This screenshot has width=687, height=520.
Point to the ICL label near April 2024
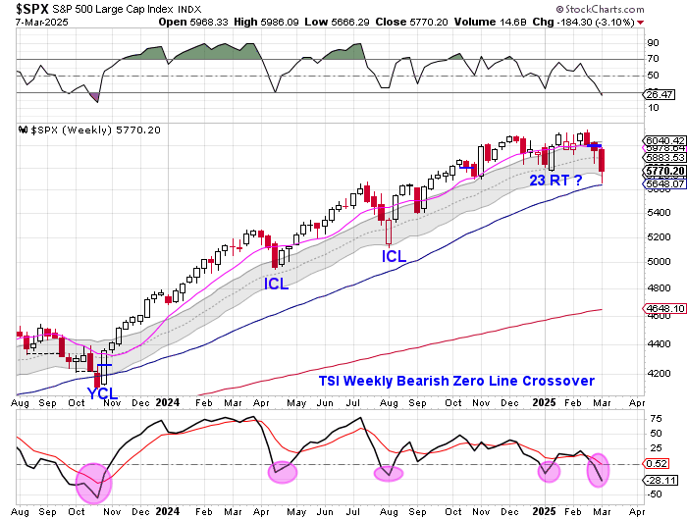pyautogui.click(x=278, y=283)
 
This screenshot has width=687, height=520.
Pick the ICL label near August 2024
pyautogui.click(x=394, y=256)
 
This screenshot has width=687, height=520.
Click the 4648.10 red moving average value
pyautogui.click(x=664, y=310)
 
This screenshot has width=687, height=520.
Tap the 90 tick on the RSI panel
pyautogui.click(x=651, y=43)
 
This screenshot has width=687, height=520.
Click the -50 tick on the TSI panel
pyautogui.click(x=655, y=494)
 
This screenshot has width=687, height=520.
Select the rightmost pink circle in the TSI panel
pyautogui.click(x=600, y=469)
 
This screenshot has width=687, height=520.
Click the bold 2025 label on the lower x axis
pyautogui.click(x=547, y=511)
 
